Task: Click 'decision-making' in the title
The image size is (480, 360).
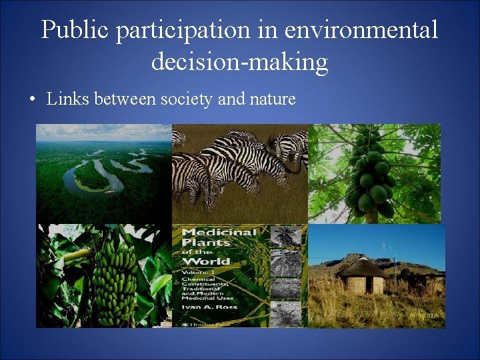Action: coord(239,62)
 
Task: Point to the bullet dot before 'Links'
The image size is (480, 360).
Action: coord(31,100)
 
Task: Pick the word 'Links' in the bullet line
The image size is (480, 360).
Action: coord(69,99)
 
